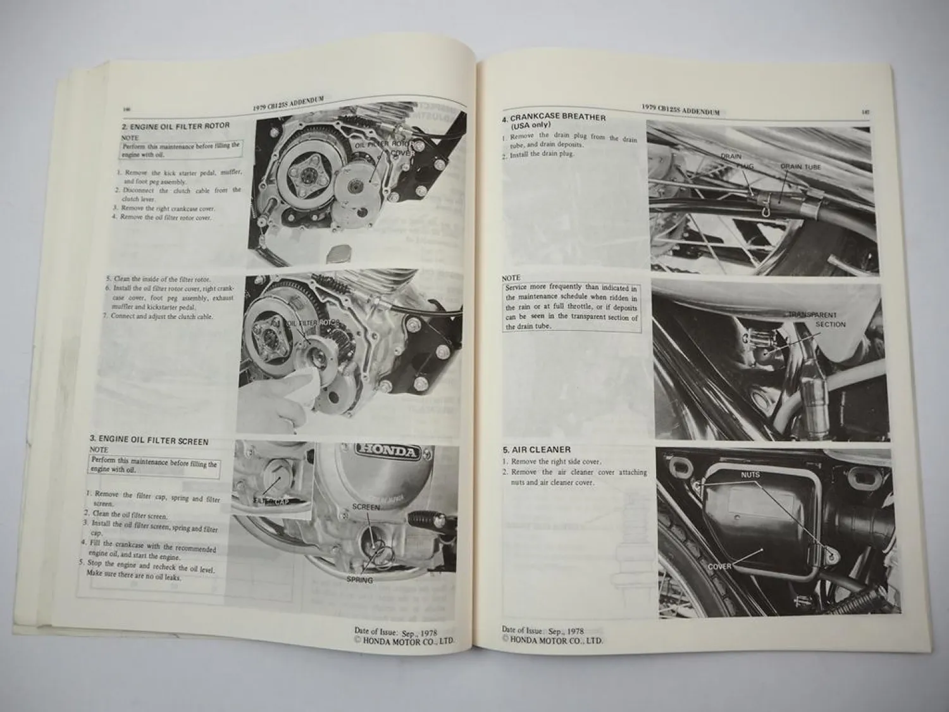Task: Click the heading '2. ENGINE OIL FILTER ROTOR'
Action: coord(175,126)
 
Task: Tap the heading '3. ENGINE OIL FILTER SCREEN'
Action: coord(149,441)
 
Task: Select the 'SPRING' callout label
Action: coord(359,580)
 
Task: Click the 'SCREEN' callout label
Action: coord(366,507)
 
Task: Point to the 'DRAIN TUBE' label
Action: coord(800,166)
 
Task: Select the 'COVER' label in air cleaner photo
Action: coord(719,566)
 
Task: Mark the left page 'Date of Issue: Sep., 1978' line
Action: coord(395,632)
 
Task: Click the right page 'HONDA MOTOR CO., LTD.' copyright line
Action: coord(552,639)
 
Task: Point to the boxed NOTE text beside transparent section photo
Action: coord(571,306)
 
